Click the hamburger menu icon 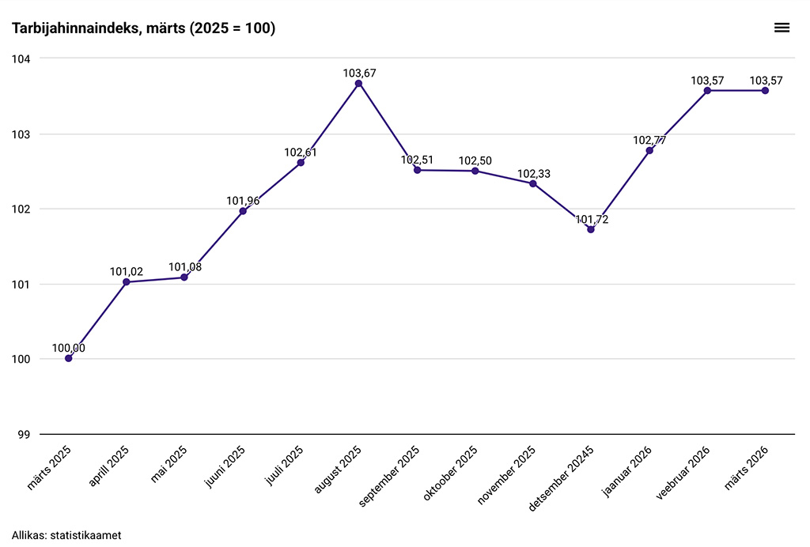point(782,28)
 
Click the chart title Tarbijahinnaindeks point(143,28)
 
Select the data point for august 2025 point(358,83)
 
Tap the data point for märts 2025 point(69,358)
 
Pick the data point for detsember point(591,229)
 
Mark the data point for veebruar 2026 point(707,91)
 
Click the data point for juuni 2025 point(243,211)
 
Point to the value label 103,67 point(359,73)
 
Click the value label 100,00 point(69,348)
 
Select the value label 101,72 point(592,219)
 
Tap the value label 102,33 point(533,173)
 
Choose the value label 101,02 point(127,272)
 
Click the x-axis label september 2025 point(390,474)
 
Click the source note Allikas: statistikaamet point(66,535)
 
